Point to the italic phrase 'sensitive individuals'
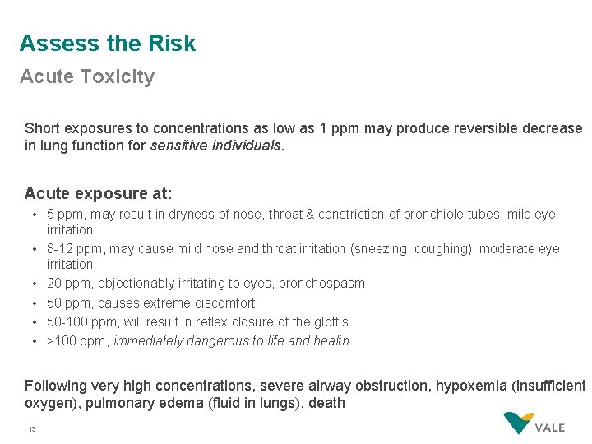coord(215,146)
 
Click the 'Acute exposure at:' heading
coord(98,193)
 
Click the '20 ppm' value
coord(69,284)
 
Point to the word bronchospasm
coord(321,284)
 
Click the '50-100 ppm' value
coord(76,321)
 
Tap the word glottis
coord(329,321)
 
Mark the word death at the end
coord(326,404)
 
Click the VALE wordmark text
coord(550,428)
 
